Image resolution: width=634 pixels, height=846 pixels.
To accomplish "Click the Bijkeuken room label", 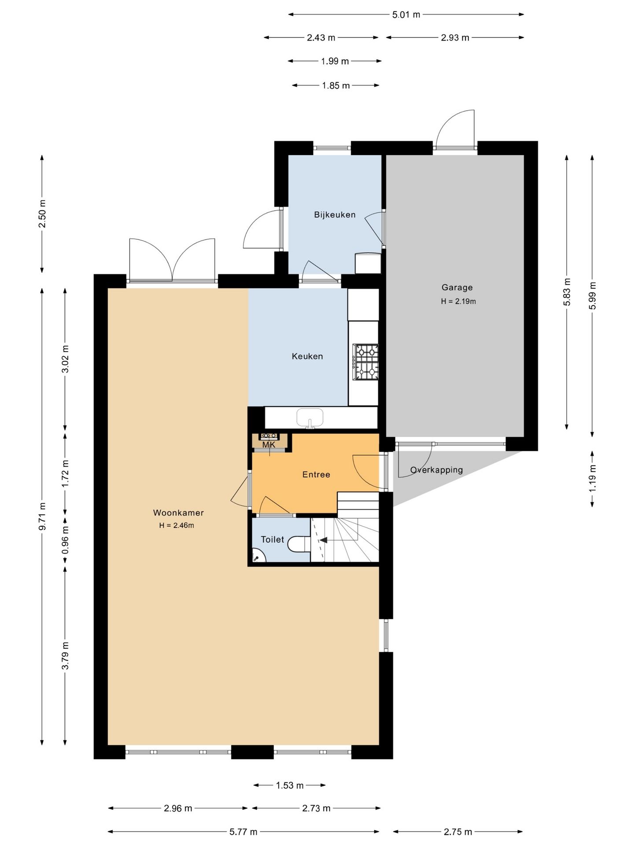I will [335, 215].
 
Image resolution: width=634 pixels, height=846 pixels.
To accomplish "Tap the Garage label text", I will [457, 287].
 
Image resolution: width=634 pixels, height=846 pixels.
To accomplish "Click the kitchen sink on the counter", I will [310, 417].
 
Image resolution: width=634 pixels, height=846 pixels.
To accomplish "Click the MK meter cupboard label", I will [269, 445].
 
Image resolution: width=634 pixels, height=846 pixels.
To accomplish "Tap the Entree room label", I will [316, 475].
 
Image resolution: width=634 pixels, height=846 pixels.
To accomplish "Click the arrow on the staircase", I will [324, 540].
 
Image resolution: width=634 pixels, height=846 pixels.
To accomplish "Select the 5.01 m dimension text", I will [406, 15].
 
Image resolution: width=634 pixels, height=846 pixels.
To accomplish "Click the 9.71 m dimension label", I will [42, 516].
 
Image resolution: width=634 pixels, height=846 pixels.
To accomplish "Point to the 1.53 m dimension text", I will [290, 785].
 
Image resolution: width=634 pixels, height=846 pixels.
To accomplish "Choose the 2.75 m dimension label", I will [458, 832].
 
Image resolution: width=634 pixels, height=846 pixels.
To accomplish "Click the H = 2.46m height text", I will [177, 525].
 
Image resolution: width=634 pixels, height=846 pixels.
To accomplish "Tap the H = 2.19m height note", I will [458, 302].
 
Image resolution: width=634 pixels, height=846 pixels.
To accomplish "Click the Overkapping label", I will [436, 470].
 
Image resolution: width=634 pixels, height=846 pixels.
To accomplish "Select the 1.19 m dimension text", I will [593, 479].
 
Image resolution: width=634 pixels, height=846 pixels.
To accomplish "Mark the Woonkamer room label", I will [178, 512].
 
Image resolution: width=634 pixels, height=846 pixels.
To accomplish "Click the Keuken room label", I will [307, 356].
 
